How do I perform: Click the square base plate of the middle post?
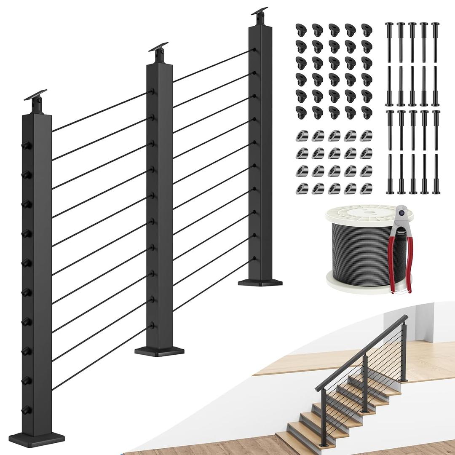(160, 351)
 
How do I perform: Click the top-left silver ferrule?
(301, 135)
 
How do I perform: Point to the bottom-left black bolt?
(388, 174)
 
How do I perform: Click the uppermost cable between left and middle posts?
(99, 112)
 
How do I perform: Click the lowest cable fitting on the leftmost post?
(27, 409)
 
